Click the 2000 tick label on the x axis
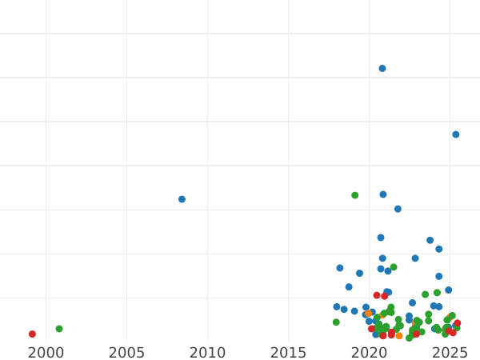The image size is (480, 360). [46, 353]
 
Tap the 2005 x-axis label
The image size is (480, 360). [126, 353]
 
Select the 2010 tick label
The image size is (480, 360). [207, 353]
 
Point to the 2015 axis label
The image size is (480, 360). [288, 353]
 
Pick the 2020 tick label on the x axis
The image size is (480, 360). [369, 353]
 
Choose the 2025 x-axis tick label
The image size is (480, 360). [450, 353]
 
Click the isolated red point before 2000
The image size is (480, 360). [32, 334]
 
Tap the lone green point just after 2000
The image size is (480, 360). [59, 329]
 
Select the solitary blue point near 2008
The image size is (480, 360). [182, 199]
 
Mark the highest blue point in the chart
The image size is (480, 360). [382, 69]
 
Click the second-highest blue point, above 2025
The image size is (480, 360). [456, 134]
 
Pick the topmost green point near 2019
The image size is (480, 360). [355, 195]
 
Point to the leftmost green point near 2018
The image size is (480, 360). [336, 322]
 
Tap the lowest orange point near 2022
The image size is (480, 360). [399, 336]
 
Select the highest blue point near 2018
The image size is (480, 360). [340, 268]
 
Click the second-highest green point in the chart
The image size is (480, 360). [394, 267]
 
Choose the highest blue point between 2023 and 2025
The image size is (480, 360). [430, 240]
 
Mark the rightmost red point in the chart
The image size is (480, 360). [457, 323]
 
